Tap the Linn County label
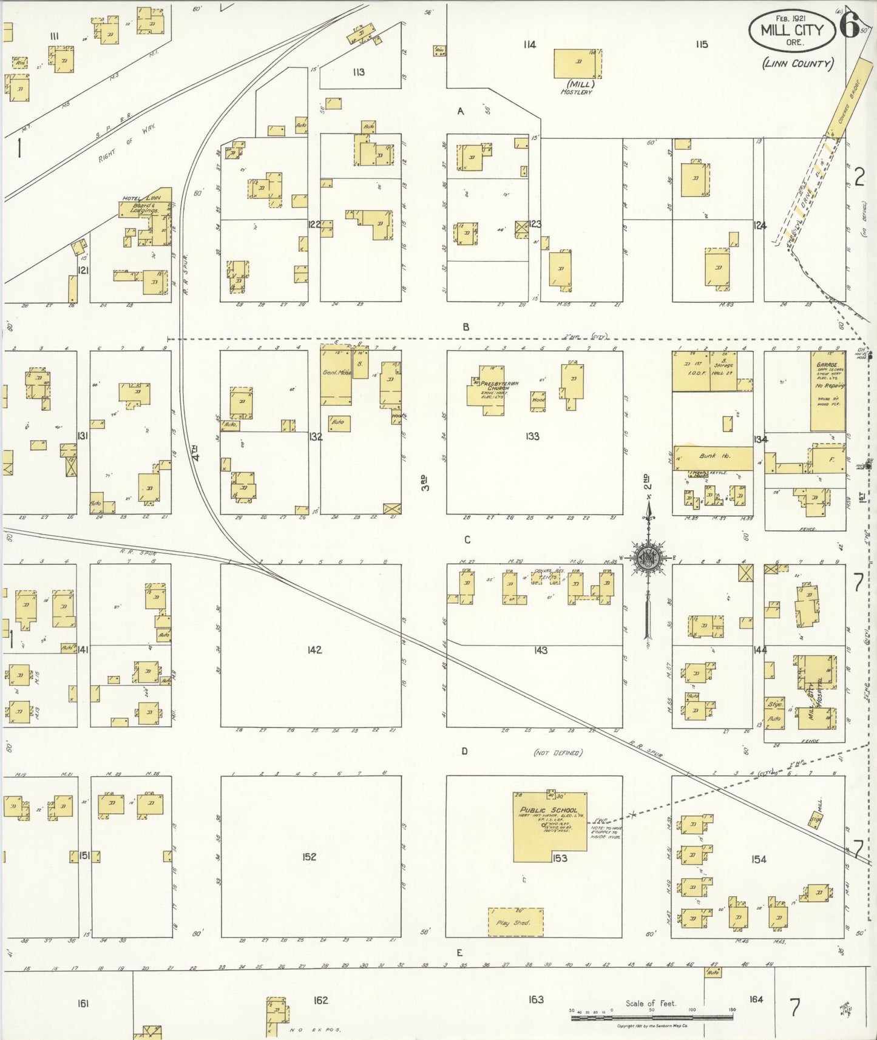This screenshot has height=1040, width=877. pos(797,63)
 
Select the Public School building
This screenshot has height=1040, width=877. pos(549,826)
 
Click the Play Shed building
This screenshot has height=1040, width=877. pos(515,922)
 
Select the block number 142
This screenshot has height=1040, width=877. pos(314,650)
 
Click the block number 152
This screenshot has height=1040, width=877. pos(309,857)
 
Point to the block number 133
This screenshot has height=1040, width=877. pos(532,436)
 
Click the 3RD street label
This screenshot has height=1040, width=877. pos(426,483)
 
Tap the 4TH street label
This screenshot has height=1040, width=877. pos(195,453)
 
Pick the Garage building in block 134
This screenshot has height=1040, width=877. pos(827,391)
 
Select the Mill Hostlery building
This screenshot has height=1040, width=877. pos(577,64)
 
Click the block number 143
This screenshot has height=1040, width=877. pos(540,650)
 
